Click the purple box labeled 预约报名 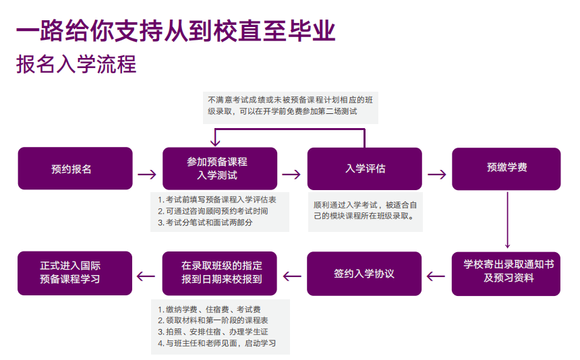[75, 169]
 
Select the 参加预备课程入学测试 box [220, 169]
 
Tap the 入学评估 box [365, 169]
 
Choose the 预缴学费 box [506, 169]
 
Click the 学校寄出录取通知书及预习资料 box [506, 273]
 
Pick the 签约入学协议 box [365, 273]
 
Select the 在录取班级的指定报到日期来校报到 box [220, 273]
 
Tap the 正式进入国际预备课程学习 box [75, 273]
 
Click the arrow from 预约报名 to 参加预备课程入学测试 [147, 174]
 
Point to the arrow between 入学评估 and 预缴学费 [437, 174]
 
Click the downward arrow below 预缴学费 [507, 222]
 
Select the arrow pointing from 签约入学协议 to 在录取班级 [292, 275]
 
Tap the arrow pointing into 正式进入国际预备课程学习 [147, 275]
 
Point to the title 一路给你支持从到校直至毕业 [175, 30]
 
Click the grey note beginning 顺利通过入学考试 [365, 210]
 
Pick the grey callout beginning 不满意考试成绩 [290, 105]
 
